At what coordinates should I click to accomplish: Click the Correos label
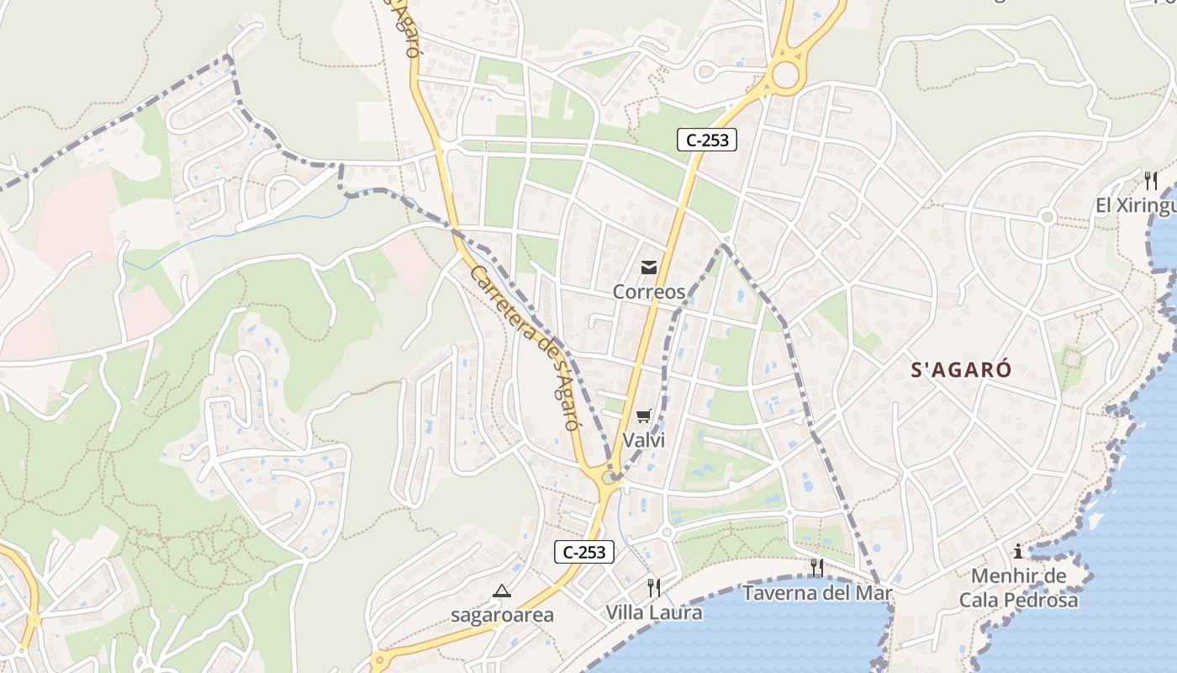tap(648, 292)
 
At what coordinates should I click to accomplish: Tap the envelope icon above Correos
tap(648, 268)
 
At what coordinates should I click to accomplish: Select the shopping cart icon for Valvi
tap(644, 416)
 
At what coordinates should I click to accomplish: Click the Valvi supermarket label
tap(644, 440)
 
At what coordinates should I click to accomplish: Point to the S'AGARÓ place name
tap(962, 369)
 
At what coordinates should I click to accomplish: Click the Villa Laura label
tap(654, 612)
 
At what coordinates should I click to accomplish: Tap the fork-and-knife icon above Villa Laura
tap(654, 587)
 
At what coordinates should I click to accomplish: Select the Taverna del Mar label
tap(816, 593)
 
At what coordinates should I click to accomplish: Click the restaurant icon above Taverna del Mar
tap(816, 568)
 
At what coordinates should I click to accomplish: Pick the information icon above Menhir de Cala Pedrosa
tap(1018, 552)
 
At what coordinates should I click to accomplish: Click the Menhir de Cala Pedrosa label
tap(1018, 588)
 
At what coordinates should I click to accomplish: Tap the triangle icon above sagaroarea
tap(502, 591)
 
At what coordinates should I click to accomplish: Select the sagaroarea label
tap(502, 615)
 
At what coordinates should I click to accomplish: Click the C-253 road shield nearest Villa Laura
tap(584, 553)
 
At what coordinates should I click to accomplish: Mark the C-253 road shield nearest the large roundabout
tap(707, 140)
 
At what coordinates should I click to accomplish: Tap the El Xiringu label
tap(1135, 205)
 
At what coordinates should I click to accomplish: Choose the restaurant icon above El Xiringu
tap(1150, 180)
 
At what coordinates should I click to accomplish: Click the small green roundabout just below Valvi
tap(608, 478)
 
